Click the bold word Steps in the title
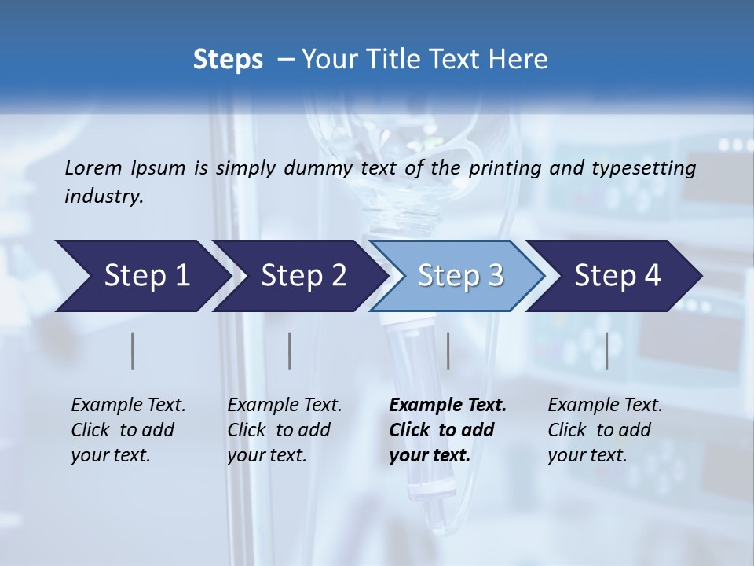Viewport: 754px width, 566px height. [x=228, y=60]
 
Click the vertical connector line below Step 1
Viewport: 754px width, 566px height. [x=133, y=351]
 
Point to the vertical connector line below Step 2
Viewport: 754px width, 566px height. [x=290, y=351]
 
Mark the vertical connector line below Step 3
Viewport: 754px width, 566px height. [x=448, y=351]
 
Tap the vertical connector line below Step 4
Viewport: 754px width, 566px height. [x=607, y=351]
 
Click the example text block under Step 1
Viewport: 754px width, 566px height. [x=128, y=430]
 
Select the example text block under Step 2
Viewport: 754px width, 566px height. [x=284, y=430]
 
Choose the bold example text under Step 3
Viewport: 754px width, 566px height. [x=448, y=430]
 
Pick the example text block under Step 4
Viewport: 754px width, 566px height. [x=605, y=430]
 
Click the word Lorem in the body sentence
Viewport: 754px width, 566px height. [x=93, y=168]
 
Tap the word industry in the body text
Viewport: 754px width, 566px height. [x=103, y=197]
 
